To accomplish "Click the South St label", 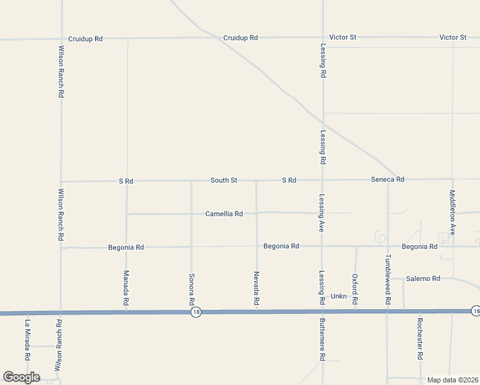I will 224,180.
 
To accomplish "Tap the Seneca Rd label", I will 388,180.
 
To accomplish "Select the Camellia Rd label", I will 224,214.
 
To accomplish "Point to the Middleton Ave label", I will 452,212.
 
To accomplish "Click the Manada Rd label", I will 126,287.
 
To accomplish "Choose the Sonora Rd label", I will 191,289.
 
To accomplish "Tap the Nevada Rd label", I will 256,287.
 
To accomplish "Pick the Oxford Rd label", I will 355,289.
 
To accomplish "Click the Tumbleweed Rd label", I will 388,275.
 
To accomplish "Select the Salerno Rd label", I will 424,278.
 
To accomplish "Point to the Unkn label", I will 338,296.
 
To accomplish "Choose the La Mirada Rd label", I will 28,339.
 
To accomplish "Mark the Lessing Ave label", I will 322,212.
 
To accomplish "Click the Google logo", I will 21,377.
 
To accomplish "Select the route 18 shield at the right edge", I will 475,311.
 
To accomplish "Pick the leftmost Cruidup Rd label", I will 85,38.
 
